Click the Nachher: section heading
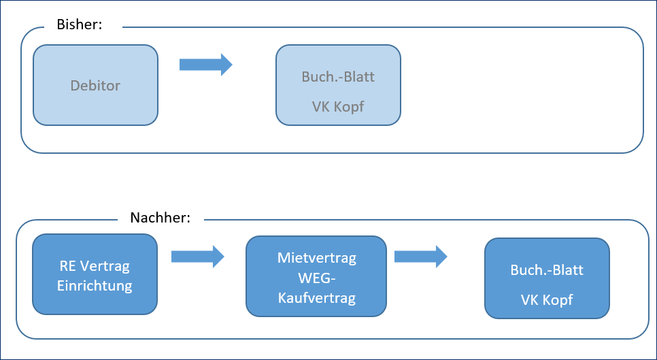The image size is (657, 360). click(159, 218)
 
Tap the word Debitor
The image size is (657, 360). click(95, 86)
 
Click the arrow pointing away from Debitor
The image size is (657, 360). click(205, 65)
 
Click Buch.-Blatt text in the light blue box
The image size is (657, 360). click(338, 77)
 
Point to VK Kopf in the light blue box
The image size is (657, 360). click(338, 106)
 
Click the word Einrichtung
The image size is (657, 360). click(95, 285)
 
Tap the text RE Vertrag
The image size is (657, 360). click(95, 266)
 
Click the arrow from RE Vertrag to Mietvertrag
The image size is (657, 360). click(197, 257)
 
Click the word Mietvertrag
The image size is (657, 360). click(316, 259)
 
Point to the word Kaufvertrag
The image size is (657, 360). click(316, 298)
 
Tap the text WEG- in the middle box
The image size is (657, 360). click(316, 278)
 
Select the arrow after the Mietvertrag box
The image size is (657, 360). click(420, 257)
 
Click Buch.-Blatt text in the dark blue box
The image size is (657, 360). click(547, 270)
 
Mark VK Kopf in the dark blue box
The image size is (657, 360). click(547, 299)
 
